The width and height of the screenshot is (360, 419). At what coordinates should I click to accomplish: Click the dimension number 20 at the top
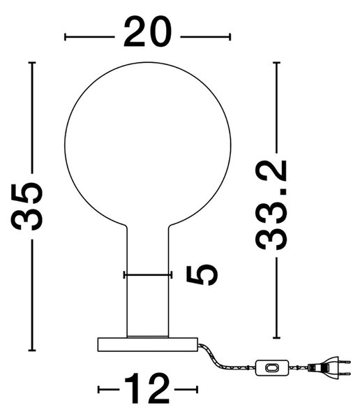[147, 31]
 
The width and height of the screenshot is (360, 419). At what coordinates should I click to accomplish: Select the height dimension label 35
[27, 206]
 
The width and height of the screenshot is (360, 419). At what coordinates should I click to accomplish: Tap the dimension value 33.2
[271, 205]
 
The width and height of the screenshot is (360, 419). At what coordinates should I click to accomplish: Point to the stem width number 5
[202, 276]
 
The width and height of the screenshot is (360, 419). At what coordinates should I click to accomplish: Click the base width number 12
[147, 388]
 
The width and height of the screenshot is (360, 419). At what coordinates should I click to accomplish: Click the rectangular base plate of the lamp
[148, 344]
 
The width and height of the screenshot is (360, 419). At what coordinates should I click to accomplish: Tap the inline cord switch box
[272, 368]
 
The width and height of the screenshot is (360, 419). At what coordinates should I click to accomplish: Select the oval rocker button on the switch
[272, 368]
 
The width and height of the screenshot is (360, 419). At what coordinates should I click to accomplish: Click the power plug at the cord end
[329, 368]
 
